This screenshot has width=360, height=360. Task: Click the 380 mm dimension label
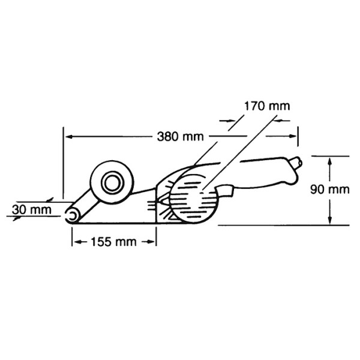coord(180,137)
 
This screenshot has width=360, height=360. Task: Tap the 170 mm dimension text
coord(267,106)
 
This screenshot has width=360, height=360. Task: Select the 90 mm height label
coord(329,190)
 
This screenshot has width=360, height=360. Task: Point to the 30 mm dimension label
coord(32,210)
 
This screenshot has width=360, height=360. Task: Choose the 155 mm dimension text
coord(113,242)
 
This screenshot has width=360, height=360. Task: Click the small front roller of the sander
coord(72,216)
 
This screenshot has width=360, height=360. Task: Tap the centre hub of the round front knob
coord(112,183)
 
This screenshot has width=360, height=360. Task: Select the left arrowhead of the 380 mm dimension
coord(70,137)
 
